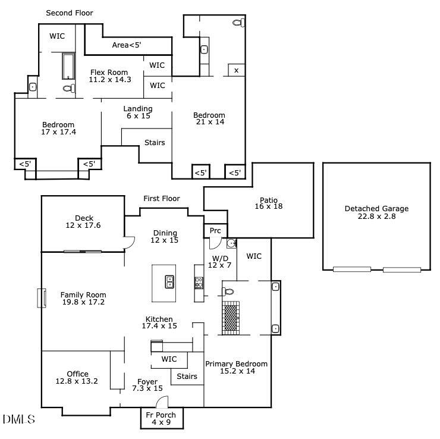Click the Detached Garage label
pyautogui.click(x=376, y=209)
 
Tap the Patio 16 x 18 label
pyautogui.click(x=269, y=203)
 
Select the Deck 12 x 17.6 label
pyautogui.click(x=83, y=222)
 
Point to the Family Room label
pyautogui.click(x=83, y=294)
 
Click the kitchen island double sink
pyautogui.click(x=169, y=281)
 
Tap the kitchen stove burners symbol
pyautogui.click(x=199, y=283)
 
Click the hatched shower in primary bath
pyautogui.click(x=231, y=318)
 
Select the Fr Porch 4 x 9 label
pyautogui.click(x=161, y=419)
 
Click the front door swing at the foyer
pyautogui.click(x=162, y=402)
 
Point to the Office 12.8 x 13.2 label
pyautogui.click(x=77, y=378)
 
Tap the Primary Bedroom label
pyautogui.click(x=236, y=364)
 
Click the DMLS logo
pyautogui.click(x=19, y=419)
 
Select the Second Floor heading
pyautogui.click(x=70, y=13)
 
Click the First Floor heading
pyautogui.click(x=162, y=199)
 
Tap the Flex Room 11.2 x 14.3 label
pyautogui.click(x=110, y=76)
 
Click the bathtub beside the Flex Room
pyautogui.click(x=68, y=67)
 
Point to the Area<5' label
pyautogui.click(x=127, y=45)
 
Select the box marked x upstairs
pyautogui.click(x=236, y=70)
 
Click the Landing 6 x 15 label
pyautogui.click(x=138, y=112)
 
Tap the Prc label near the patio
pyautogui.click(x=215, y=231)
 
